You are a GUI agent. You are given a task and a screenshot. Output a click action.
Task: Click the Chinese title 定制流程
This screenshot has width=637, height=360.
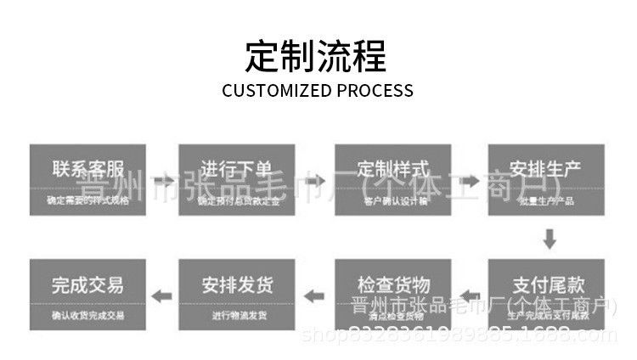click(316, 55)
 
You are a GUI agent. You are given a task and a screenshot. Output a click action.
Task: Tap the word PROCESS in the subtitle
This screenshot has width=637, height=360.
click(374, 90)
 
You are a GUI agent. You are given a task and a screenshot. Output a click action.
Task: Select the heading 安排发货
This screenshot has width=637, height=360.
click(237, 284)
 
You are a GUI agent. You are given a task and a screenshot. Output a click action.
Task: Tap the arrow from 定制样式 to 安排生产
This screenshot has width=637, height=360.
click(470, 180)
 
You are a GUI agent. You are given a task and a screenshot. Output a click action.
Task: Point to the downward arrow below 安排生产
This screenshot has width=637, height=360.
click(550, 239)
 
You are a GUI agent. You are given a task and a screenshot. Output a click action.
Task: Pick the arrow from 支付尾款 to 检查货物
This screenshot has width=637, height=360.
click(470, 295)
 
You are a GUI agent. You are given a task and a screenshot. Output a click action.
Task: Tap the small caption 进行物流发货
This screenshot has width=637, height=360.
click(238, 316)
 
